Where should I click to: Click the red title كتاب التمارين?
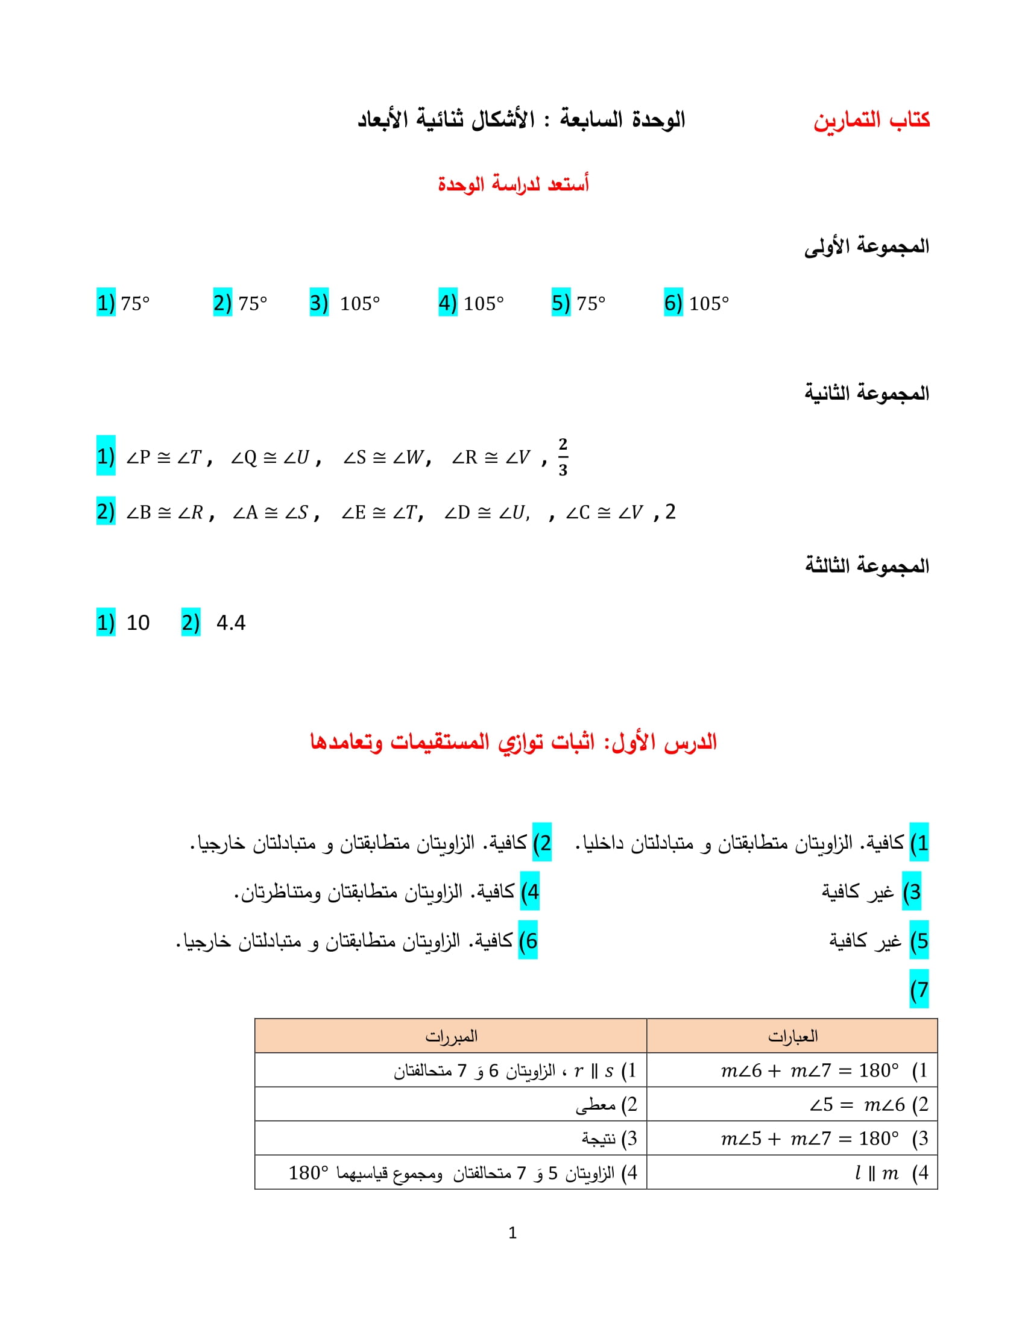pyautogui.click(x=871, y=119)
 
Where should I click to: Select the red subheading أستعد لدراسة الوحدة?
pyautogui.click(x=513, y=183)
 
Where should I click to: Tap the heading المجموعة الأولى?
pyautogui.click(x=866, y=247)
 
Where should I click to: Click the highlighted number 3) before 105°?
pyautogui.click(x=319, y=303)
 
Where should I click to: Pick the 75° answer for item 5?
pyautogui.click(x=591, y=303)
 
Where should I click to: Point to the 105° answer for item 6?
pyautogui.click(x=708, y=303)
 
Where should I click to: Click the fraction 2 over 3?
pyautogui.click(x=563, y=457)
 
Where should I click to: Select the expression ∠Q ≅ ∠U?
pyautogui.click(x=270, y=457)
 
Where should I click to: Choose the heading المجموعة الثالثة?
pyautogui.click(x=866, y=566)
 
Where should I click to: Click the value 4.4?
pyautogui.click(x=231, y=623)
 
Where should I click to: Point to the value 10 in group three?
pyautogui.click(x=138, y=623)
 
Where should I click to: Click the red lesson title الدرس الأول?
pyautogui.click(x=513, y=742)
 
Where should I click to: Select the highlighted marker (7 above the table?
pyautogui.click(x=919, y=990)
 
